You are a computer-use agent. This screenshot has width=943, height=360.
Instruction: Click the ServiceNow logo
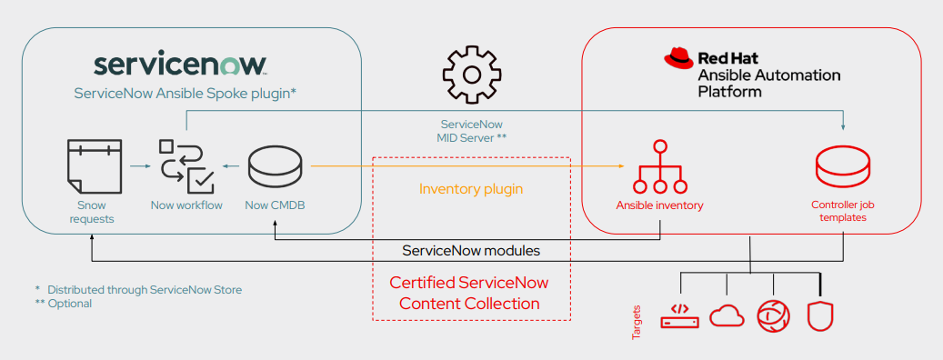click(x=180, y=65)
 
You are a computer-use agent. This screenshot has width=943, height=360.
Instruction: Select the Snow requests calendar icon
click(x=94, y=166)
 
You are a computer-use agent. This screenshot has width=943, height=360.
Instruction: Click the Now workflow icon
click(x=186, y=166)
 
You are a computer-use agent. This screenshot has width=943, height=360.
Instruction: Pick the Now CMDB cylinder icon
click(x=275, y=166)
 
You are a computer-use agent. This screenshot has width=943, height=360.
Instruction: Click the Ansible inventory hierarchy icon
click(x=659, y=167)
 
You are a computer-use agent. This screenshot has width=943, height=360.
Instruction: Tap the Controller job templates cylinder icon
click(x=843, y=166)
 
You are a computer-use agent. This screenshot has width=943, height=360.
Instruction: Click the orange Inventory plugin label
click(x=470, y=189)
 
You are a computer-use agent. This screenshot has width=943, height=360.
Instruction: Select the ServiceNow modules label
click(x=470, y=250)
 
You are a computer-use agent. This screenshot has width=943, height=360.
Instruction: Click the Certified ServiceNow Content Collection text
click(x=470, y=293)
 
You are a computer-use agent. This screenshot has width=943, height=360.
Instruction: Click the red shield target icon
click(x=819, y=315)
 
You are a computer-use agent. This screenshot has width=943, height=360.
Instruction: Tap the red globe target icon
click(x=773, y=315)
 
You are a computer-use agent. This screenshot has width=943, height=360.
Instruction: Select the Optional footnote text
click(x=69, y=304)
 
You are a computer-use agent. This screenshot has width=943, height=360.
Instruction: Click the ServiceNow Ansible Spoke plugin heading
click(x=186, y=93)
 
